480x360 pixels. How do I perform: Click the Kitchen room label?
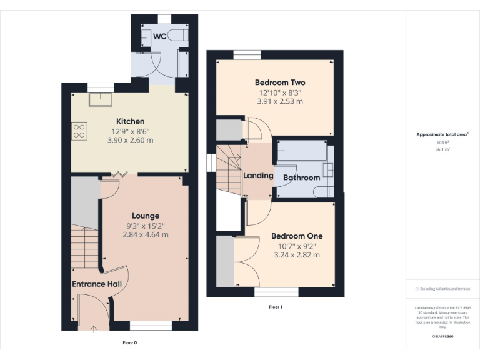pos(130,121)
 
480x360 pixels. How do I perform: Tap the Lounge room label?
pos(145,216)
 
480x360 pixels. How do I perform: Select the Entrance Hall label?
pos(96,284)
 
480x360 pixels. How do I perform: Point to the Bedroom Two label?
pos(279,82)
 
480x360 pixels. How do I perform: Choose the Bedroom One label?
pos(296,236)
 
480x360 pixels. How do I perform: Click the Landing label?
pos(258,176)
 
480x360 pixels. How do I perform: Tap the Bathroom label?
pos(301,177)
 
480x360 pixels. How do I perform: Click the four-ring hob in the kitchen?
pos(80,131)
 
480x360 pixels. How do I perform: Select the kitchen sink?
pos(99,97)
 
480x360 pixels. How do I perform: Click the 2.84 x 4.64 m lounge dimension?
pos(145,235)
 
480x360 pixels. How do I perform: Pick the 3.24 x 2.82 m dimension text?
pos(296,255)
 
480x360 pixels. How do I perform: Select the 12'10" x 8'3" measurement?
pos(279,92)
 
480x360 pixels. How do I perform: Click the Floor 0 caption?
pos(129,342)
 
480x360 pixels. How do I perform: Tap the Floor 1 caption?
pos(276,307)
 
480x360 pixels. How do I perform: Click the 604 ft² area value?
pos(442,142)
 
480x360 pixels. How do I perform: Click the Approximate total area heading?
pos(442,134)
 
